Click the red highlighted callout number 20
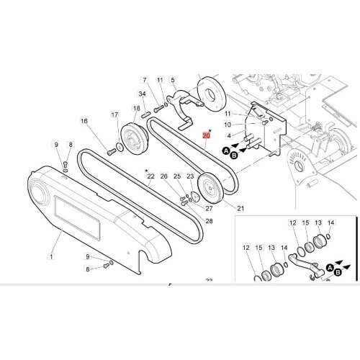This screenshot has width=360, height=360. [x=207, y=136]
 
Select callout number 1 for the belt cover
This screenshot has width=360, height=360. [x=51, y=256]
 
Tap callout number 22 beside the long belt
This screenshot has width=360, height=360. [x=150, y=176]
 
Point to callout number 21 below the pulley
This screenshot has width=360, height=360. [x=240, y=208]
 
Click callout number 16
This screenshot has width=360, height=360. [x=84, y=121]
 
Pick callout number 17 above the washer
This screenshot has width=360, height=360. [x=114, y=114]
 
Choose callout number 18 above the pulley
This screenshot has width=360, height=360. [x=136, y=109]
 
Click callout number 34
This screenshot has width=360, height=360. [x=143, y=94]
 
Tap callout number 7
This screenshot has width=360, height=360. [x=145, y=80]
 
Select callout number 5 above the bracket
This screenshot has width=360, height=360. [x=173, y=80]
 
